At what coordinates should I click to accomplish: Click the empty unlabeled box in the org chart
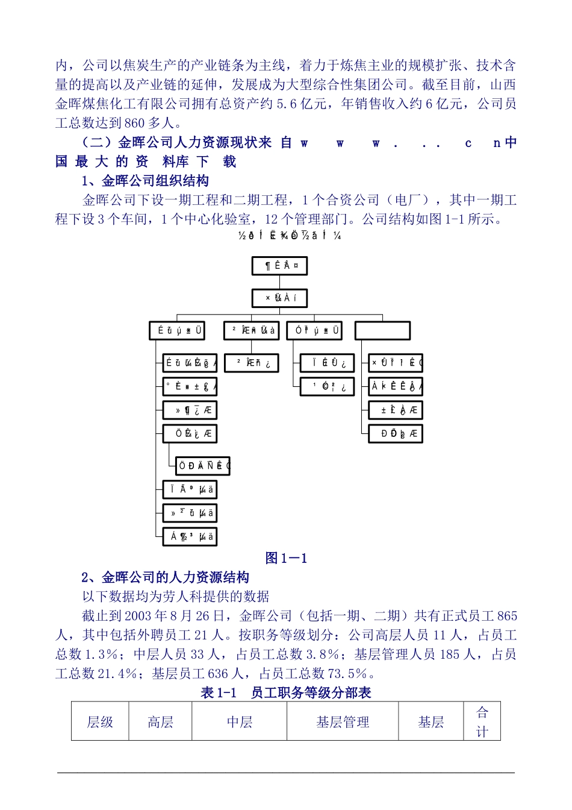(x=382, y=331)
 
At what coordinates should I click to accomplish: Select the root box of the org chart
(x=279, y=266)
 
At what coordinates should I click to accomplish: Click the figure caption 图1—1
(x=286, y=558)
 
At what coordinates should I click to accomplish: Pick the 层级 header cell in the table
(x=100, y=722)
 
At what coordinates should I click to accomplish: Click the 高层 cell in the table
(x=160, y=722)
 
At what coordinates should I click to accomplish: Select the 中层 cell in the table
(x=239, y=722)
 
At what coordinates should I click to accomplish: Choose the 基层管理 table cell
(x=342, y=722)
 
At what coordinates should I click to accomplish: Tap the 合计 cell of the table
(x=482, y=722)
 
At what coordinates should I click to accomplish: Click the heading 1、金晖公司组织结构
(x=145, y=181)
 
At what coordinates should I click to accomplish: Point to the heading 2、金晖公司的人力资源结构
(x=165, y=577)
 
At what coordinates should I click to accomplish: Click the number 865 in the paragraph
(x=507, y=616)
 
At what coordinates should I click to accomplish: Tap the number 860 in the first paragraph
(x=135, y=123)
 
